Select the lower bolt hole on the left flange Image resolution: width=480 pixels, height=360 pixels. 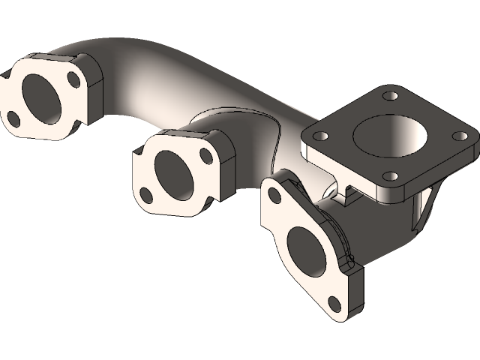(x=13, y=117)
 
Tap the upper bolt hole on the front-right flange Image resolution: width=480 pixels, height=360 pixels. (x=274, y=196)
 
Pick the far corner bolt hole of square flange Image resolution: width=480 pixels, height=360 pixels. (x=389, y=96)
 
